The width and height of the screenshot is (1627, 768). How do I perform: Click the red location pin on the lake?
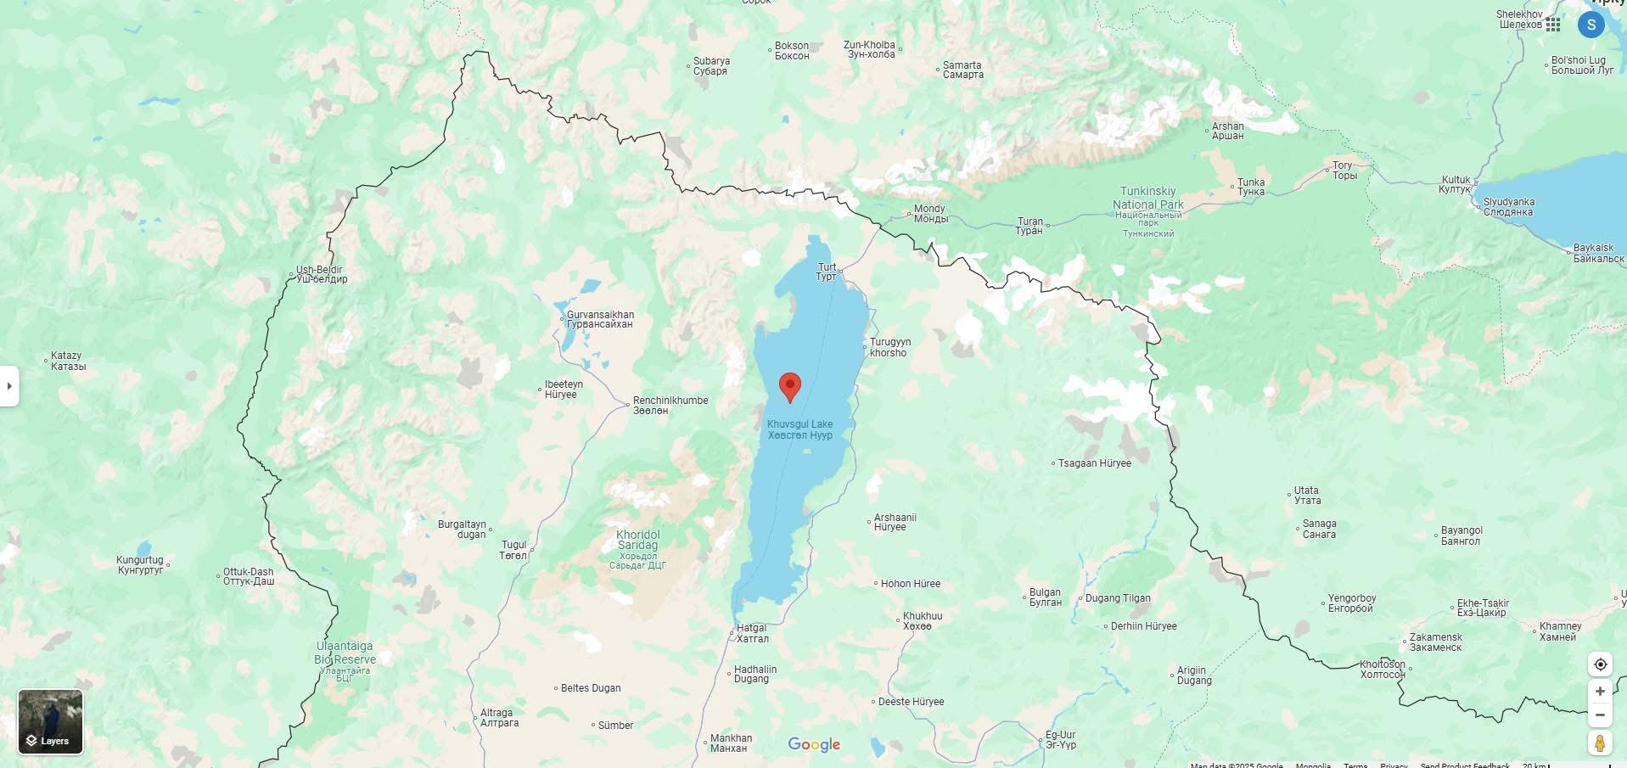coord(789,386)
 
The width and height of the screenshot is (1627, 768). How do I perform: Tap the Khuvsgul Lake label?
coord(799,429)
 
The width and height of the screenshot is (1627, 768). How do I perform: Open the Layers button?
coord(50,721)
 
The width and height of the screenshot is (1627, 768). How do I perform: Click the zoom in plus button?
coord(1600,691)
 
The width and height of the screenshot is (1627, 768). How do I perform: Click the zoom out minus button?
coord(1600,715)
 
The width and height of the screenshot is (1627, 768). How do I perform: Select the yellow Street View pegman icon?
coord(1600,743)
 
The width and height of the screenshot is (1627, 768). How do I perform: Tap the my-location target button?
coord(1600,664)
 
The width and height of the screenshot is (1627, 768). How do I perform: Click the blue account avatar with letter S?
coord(1591,25)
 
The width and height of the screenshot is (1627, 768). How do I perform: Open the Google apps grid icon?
coord(1553,25)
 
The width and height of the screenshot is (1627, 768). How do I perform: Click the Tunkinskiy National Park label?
coord(1147,199)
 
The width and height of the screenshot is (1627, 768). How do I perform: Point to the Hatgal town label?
coord(752,633)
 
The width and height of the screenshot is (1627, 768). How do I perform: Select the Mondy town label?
coord(930,213)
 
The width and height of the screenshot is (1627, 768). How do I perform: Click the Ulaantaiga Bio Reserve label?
coord(345,653)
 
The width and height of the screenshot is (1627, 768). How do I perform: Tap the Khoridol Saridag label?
coord(637,540)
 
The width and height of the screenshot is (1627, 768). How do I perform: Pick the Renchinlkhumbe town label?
coord(670,405)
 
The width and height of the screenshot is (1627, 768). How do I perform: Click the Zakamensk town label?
coord(1435,642)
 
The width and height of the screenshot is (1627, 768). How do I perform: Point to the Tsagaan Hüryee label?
coord(1094,463)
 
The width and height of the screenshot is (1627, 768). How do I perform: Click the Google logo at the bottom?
coord(814,744)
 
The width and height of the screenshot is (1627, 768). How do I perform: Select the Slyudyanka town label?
coord(1508,207)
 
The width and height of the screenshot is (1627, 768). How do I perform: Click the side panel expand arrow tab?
coord(9,386)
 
